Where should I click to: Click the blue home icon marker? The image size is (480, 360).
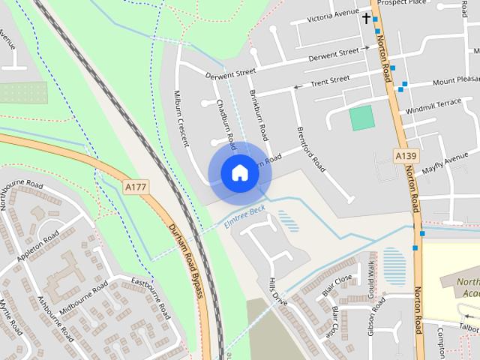pyautogui.click(x=240, y=172)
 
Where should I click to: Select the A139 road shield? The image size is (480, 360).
pyautogui.click(x=405, y=155)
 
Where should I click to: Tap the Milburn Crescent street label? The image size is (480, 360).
pyautogui.click(x=183, y=113)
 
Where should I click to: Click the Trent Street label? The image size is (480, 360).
pyautogui.click(x=330, y=79)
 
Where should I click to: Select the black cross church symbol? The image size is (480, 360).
pyautogui.click(x=366, y=17)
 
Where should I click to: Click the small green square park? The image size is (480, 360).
pyautogui.click(x=361, y=118)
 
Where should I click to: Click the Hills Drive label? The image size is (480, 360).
pyautogui.click(x=278, y=291)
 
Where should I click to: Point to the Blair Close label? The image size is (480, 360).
pyautogui.click(x=337, y=283)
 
